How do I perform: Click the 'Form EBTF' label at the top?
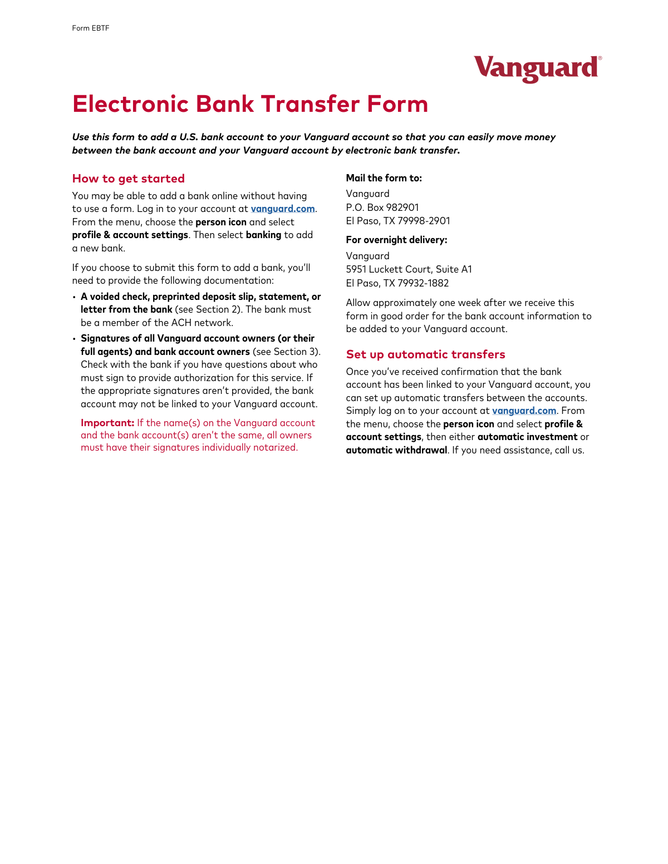tap(91, 28)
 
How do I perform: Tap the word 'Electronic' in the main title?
tap(130, 104)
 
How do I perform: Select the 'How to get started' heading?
tap(128, 179)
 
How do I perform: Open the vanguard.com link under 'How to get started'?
tap(283, 209)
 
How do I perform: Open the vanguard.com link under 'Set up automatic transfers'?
tap(524, 411)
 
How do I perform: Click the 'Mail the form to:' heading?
tap(384, 178)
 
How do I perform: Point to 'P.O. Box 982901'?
tap(382, 208)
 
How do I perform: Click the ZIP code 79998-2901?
tap(424, 221)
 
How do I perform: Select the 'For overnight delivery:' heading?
tap(396, 240)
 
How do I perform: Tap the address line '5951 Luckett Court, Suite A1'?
tap(409, 269)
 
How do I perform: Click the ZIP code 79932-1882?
tap(423, 283)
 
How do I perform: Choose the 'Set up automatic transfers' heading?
tap(425, 354)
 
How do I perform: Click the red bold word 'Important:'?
tap(107, 423)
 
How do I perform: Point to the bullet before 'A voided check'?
tap(74, 297)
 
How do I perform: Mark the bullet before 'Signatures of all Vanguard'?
tap(74, 339)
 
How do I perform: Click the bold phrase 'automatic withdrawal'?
tap(396, 450)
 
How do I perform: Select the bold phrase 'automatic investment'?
tap(527, 437)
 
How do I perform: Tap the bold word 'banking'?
tap(263, 235)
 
